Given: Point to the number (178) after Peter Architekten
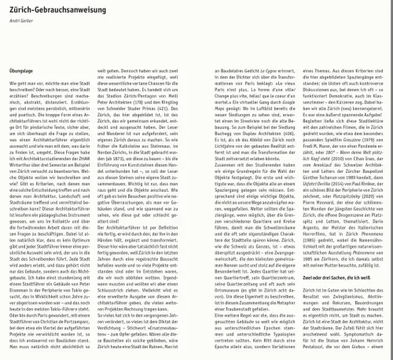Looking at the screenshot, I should pos(174,100).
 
